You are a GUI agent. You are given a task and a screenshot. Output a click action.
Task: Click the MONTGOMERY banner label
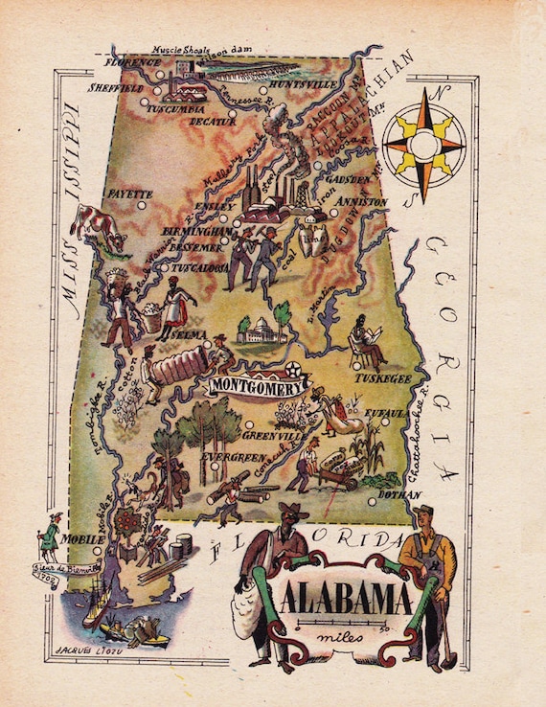(x=258, y=386)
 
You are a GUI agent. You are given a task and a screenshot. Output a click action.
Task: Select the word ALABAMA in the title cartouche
(x=347, y=599)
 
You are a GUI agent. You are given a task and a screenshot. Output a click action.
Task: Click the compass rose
(x=422, y=145)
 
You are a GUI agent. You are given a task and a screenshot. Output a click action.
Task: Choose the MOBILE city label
(x=82, y=539)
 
